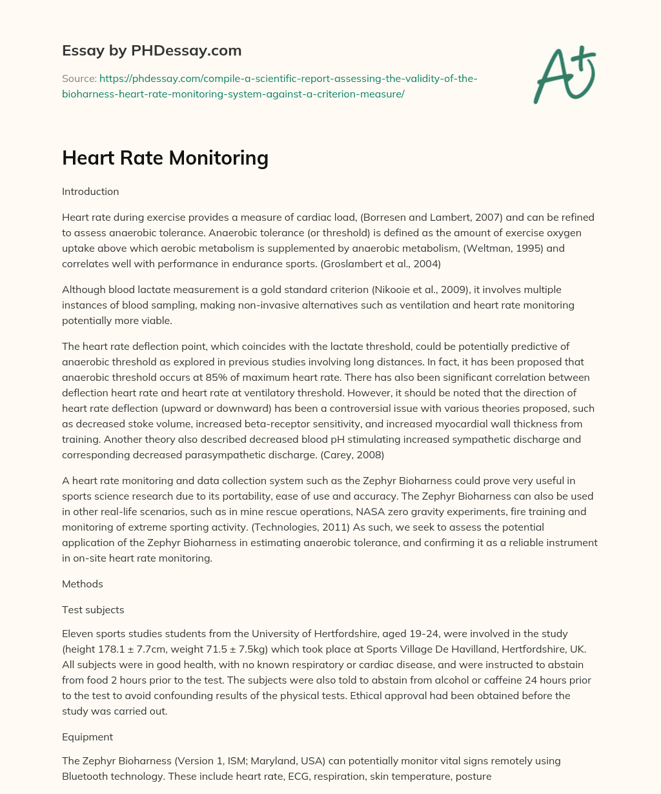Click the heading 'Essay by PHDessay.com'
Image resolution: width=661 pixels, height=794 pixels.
click(x=152, y=50)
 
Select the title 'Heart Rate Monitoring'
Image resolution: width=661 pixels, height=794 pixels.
click(x=165, y=158)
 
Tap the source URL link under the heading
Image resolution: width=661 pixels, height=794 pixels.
click(x=269, y=86)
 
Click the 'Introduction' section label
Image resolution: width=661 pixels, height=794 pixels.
click(x=90, y=192)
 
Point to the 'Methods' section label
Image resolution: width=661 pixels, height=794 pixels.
click(x=82, y=584)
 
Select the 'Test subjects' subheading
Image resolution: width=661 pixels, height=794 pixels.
click(x=93, y=609)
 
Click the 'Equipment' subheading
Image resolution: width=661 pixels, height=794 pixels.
click(x=87, y=737)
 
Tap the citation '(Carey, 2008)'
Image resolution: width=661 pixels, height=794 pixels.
click(x=354, y=454)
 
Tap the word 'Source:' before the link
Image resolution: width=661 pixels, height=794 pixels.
click(x=79, y=79)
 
